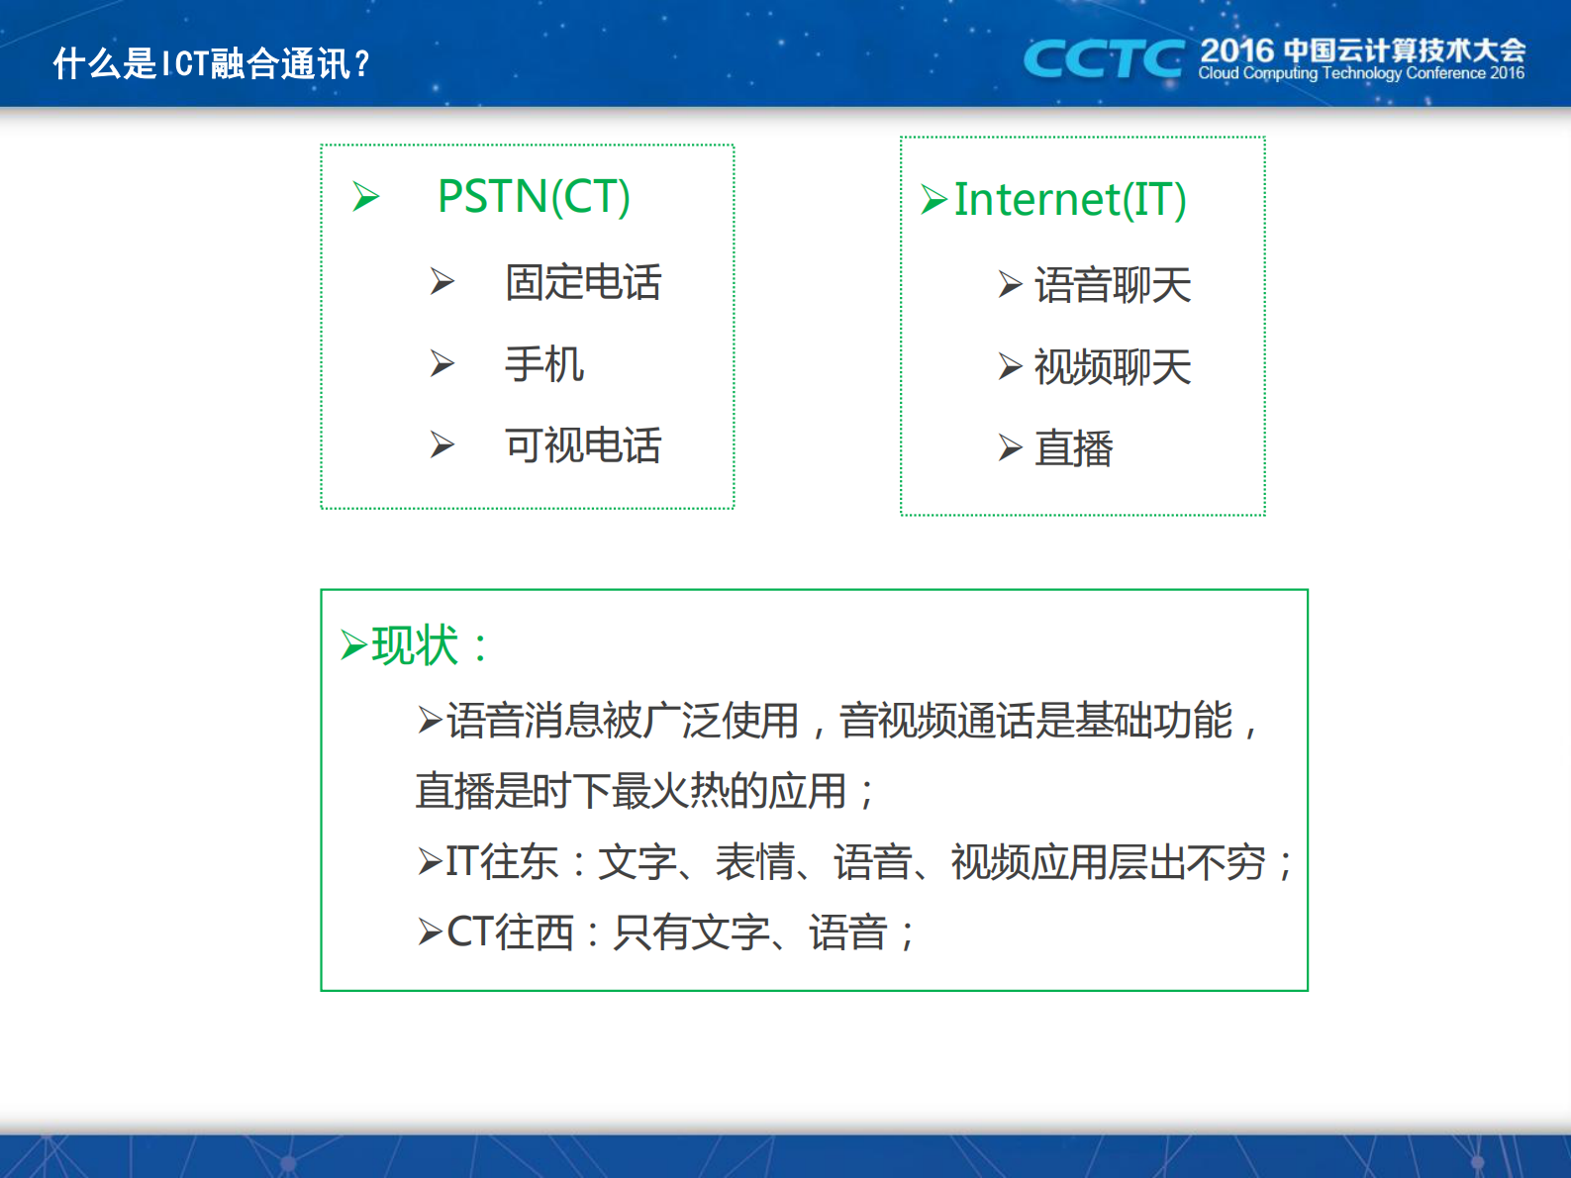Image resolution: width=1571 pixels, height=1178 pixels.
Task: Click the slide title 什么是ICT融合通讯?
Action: coord(211,63)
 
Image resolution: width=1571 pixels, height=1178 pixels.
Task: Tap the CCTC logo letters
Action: coord(1103,58)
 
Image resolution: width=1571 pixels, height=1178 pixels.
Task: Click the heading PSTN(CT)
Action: coord(534,196)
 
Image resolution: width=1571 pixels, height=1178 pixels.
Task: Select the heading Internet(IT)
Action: coord(1069,199)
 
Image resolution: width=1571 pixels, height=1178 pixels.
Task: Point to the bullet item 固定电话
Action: coord(582,282)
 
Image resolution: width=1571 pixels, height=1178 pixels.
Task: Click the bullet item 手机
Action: coord(543,364)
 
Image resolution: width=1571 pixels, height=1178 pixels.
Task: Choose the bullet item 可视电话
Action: coord(582,445)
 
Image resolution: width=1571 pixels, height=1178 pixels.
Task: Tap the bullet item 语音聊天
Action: coord(1112,285)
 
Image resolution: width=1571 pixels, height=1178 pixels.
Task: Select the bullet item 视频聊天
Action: coord(1112,367)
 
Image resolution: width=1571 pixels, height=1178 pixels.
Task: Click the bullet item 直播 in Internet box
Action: coord(1073,448)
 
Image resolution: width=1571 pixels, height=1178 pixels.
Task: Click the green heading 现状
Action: coord(416,645)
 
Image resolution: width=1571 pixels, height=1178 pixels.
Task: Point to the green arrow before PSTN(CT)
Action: coord(366,197)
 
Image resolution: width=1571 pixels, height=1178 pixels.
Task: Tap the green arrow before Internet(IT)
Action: coord(933,199)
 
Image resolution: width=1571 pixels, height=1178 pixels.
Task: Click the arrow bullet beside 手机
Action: coord(442,364)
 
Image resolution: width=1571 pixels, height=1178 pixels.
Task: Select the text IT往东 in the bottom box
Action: coord(502,861)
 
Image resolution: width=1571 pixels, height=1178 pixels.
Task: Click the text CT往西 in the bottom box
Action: coord(510,933)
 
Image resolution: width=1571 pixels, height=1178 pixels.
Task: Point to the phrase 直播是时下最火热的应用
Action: coord(632,791)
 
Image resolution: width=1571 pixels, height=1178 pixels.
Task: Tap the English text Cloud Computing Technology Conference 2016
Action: coord(1360,73)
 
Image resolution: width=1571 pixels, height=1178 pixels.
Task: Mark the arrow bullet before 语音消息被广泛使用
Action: coord(430,720)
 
